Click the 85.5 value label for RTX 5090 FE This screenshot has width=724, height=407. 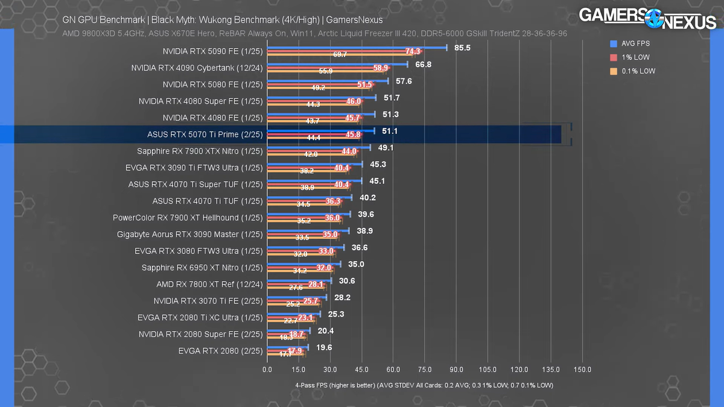point(462,48)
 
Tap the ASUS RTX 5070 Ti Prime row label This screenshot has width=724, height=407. point(205,134)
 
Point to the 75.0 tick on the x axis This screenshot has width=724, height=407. point(425,370)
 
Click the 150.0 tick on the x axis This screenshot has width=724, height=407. point(582,370)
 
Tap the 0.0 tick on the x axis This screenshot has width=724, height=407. point(267,370)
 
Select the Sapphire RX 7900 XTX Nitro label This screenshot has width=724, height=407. point(200,151)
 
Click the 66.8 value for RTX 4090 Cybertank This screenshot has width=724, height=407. point(423,65)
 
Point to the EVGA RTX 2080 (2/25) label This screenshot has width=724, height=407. point(220,350)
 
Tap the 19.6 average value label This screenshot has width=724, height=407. point(324,347)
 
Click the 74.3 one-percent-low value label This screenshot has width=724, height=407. point(413,52)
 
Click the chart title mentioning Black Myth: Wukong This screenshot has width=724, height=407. point(223,20)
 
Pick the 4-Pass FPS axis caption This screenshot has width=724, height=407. point(424,385)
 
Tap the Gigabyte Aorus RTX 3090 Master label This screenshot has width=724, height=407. point(190,234)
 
